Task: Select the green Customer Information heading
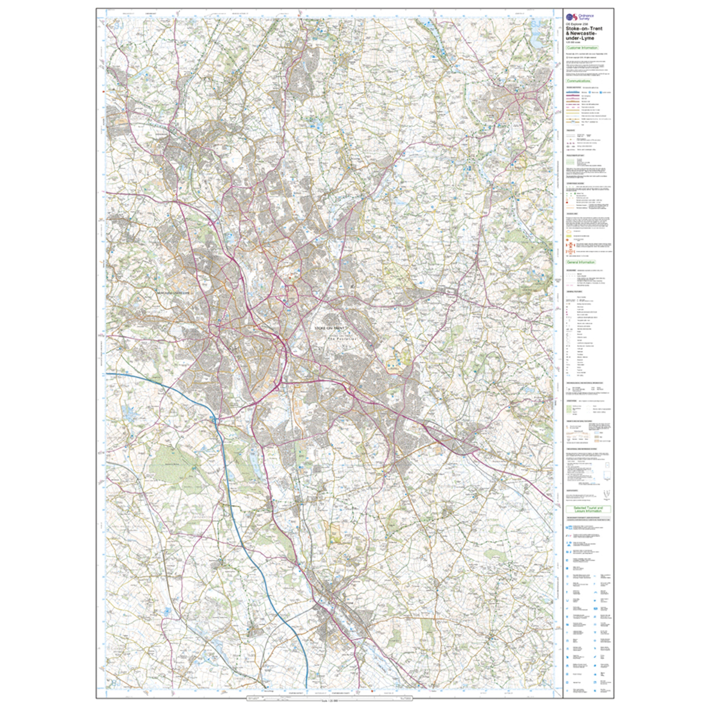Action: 582,48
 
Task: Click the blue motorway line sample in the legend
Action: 572,93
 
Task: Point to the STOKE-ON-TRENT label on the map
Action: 329,328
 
